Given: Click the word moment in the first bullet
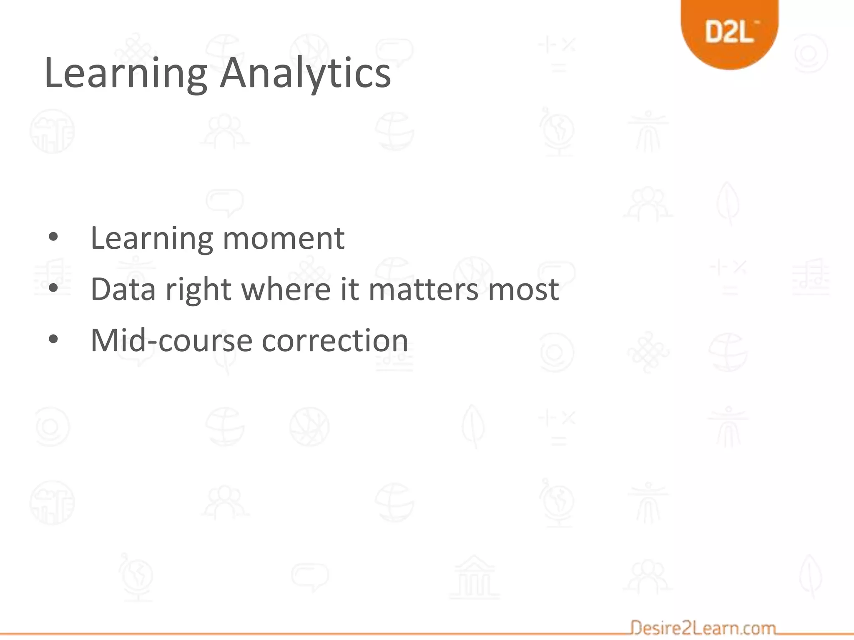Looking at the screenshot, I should click(x=284, y=238).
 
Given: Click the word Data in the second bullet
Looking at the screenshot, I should click(x=123, y=289).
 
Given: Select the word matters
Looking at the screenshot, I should click(x=423, y=289).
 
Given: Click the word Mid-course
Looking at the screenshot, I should click(x=171, y=340).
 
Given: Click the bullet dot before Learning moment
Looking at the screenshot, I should click(x=53, y=237).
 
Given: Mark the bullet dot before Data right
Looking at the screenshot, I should click(x=53, y=288).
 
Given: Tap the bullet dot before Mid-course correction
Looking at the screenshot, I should click(x=53, y=339).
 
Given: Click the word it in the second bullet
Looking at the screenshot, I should click(x=349, y=289).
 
